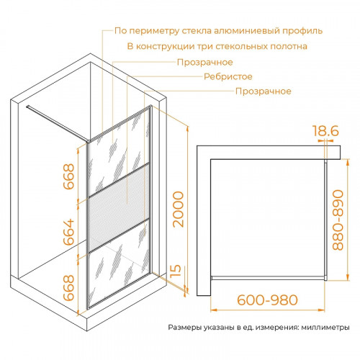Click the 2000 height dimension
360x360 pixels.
[178, 209]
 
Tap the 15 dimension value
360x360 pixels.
[176, 271]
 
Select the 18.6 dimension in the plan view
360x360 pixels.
[325, 131]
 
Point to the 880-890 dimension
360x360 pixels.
[338, 220]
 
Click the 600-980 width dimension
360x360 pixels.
[267, 300]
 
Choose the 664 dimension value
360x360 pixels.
[68, 232]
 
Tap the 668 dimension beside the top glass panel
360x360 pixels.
[68, 176]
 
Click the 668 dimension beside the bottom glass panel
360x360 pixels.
[68, 288]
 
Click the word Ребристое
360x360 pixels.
[228, 77]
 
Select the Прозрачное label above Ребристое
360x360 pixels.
[205, 63]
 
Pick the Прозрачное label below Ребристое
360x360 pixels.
[264, 91]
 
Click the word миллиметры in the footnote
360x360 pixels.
[325, 328]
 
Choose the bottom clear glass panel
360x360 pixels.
[119, 264]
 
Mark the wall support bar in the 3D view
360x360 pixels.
[57, 123]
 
